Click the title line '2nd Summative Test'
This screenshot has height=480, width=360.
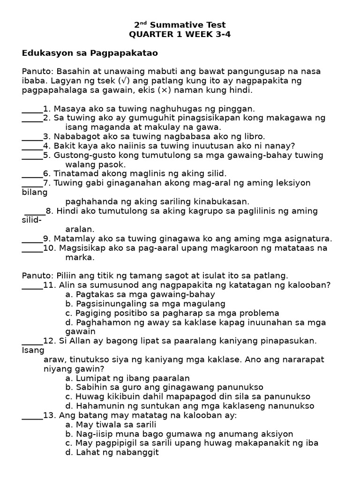pyautogui.click(x=180, y=25)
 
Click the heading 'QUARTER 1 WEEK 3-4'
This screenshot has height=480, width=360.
pyautogui.click(x=180, y=34)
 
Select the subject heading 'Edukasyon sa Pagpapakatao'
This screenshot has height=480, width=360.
pyautogui.click(x=90, y=53)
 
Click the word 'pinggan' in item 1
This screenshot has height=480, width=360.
pyautogui.click(x=238, y=109)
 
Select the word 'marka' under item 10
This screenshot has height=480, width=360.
pyautogui.click(x=80, y=257)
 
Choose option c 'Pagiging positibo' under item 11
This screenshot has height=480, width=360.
pyautogui.click(x=172, y=313)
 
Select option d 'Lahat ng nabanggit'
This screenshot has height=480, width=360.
pyautogui.click(x=112, y=453)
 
